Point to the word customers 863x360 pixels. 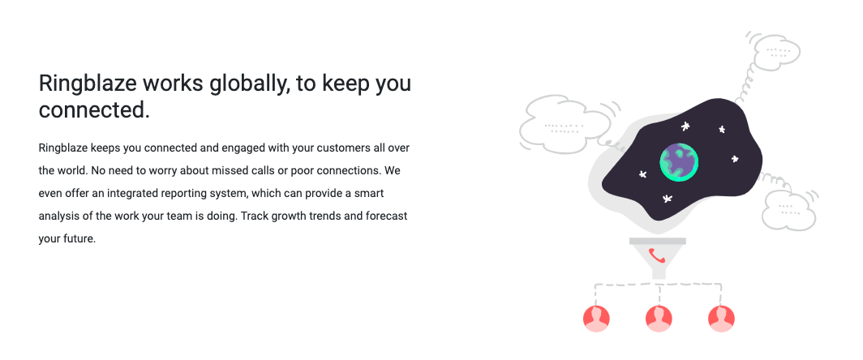click(x=341, y=148)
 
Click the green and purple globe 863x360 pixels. click(x=679, y=162)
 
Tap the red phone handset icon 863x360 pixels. click(x=657, y=256)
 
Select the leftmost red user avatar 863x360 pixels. click(x=596, y=319)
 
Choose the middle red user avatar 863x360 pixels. click(x=659, y=319)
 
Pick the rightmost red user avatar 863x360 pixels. click(x=721, y=319)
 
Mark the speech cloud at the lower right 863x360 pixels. click(x=788, y=210)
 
